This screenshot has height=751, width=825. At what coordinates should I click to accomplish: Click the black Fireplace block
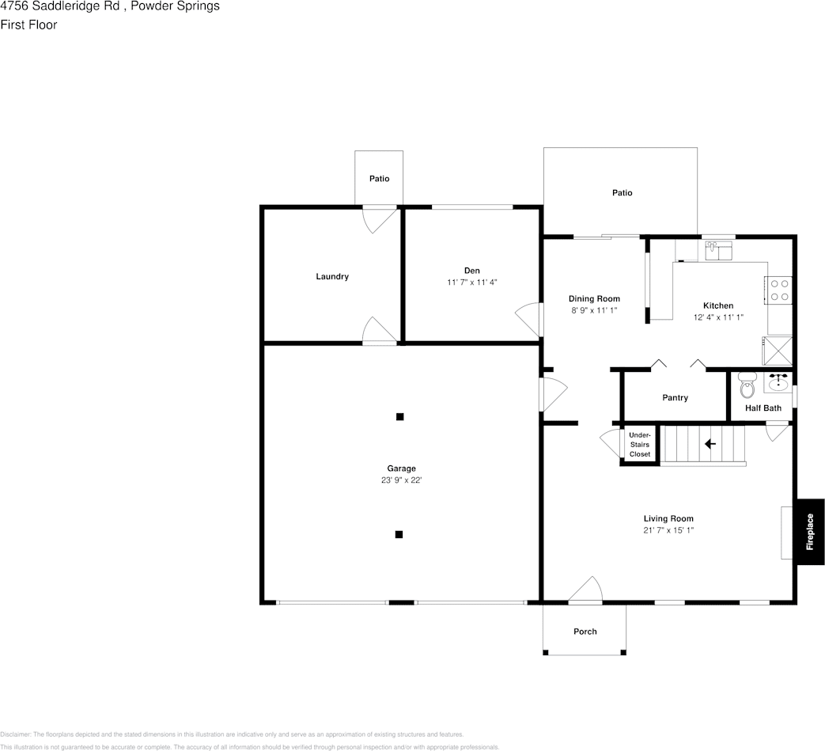[810, 532]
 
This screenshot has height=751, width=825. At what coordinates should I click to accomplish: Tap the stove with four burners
[777, 290]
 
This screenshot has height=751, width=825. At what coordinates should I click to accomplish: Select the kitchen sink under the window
[719, 251]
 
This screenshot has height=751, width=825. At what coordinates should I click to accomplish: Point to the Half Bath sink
[778, 383]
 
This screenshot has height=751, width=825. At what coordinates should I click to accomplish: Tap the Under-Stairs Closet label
[639, 445]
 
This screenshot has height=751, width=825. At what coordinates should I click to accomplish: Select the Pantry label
[675, 398]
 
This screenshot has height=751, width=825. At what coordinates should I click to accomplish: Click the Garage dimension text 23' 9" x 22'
[401, 480]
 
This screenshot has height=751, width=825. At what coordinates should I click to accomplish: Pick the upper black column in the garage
[400, 416]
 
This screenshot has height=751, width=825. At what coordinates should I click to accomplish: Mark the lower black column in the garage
[399, 535]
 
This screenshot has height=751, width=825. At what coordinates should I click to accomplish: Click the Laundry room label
[332, 277]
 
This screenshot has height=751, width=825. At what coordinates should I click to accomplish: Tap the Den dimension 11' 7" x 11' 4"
[472, 282]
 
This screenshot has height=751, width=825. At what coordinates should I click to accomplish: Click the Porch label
[585, 632]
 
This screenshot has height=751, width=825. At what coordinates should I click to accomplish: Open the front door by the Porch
[585, 590]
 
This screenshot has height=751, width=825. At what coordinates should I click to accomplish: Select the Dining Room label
[594, 298]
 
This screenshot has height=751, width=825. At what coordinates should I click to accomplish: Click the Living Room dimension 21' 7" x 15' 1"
[668, 530]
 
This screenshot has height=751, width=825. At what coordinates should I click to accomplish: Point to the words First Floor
[28, 25]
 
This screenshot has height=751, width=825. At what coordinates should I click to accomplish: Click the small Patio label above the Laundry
[379, 179]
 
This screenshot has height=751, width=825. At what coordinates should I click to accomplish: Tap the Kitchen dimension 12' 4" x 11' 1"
[718, 317]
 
